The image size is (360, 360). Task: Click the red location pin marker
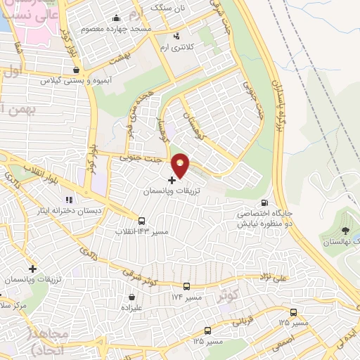pos(181,165)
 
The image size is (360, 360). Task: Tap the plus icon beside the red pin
pos(172,181)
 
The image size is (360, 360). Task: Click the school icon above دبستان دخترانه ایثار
pos(69,200)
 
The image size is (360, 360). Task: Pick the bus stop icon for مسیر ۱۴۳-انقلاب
pos(143,221)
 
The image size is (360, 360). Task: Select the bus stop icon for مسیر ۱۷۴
pos(186,286)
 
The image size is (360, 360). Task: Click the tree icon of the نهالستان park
pos(345,230)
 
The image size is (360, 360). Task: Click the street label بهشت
pos(124,63)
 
